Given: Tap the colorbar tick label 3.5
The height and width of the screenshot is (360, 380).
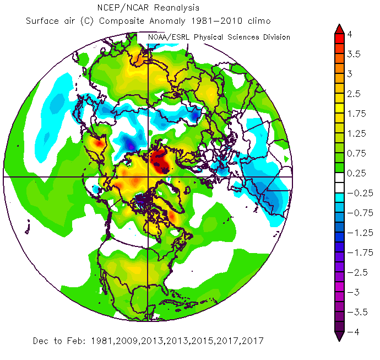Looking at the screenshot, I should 353,54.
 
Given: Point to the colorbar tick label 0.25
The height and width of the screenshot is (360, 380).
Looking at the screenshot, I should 355,173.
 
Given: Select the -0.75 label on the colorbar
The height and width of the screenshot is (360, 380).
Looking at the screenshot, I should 357,213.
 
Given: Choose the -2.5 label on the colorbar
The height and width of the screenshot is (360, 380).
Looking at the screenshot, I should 355,272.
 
